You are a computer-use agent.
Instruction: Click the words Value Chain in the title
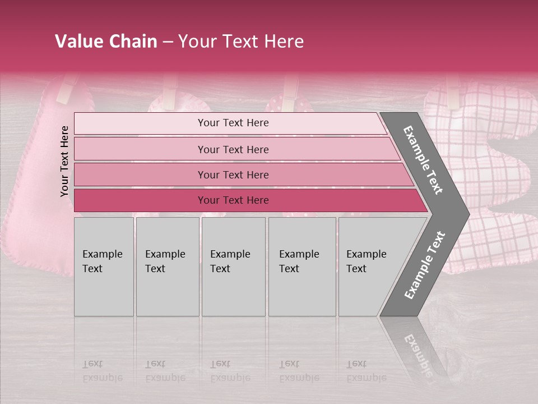pos(106,42)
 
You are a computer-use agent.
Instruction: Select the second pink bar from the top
pos(233,149)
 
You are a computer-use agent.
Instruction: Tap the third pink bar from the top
pos(233,175)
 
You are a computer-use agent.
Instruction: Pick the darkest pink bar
pos(233,200)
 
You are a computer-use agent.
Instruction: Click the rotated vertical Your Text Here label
pos(64,161)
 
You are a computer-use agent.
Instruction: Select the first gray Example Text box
pos(104,267)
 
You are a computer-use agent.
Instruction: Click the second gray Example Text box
pos(167,267)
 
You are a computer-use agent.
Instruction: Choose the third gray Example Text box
pos(233,267)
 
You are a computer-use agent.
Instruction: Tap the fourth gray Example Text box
pos(302,267)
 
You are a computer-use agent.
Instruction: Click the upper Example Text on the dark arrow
pos(423,160)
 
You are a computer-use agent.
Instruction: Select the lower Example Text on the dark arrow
pos(425,265)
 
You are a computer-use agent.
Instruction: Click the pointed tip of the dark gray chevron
pos(466,214)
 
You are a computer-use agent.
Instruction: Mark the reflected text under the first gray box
pos(102,370)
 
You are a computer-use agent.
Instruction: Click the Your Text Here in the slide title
pos(241,42)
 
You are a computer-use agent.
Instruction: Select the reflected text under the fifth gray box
pos(367,370)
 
